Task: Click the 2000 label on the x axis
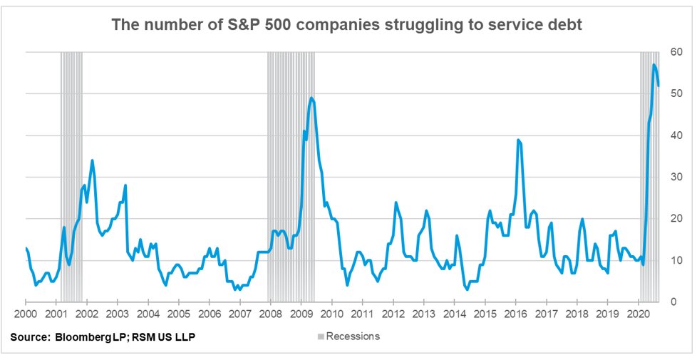pos(25,314)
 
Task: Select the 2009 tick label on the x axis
pos(301,314)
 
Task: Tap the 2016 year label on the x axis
pos(515,314)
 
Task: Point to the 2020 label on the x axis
pos(638,314)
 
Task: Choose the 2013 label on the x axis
pos(423,314)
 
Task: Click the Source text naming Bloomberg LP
pos(103,336)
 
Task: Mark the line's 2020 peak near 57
pos(654,65)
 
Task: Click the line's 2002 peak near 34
pos(93,160)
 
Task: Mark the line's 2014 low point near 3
pos(467,289)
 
